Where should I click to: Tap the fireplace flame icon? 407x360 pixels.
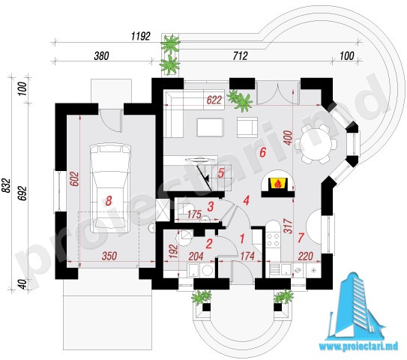tap(278, 183)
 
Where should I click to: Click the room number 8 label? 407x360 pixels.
tap(109, 201)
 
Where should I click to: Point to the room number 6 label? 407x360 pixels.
tap(262, 152)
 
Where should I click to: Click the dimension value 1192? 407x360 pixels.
tap(140, 36)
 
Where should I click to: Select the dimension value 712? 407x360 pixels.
tap(241, 56)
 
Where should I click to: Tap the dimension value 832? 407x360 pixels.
tap(7, 185)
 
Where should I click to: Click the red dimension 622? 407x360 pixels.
tap(214, 100)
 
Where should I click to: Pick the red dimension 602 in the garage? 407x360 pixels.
tap(74, 178)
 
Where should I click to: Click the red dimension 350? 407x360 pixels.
tap(109, 256)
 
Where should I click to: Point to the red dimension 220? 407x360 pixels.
tap(305, 256)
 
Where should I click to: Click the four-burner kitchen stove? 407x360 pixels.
tap(273, 240)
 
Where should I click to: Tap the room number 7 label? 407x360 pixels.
tap(301, 238)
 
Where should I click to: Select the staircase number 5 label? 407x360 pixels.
tap(221, 172)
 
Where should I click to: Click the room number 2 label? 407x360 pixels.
tap(209, 244)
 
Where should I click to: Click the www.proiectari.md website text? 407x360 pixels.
tap(358, 346)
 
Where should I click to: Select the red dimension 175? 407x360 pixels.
tap(194, 214)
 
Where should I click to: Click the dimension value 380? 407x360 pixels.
tap(101, 56)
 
